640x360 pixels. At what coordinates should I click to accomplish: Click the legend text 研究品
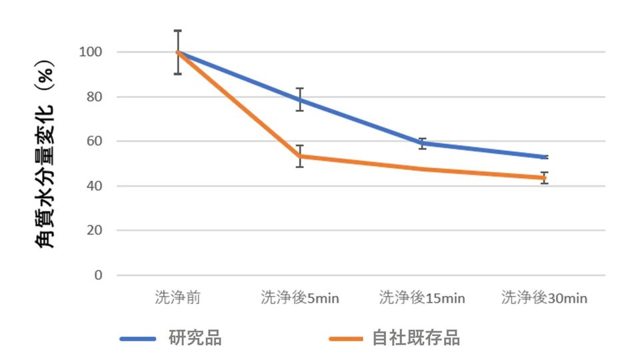pyautogui.click(x=195, y=338)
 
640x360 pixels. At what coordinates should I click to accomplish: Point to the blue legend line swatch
pyautogui.click(x=138, y=339)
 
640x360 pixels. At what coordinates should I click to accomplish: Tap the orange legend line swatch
pyautogui.click(x=347, y=339)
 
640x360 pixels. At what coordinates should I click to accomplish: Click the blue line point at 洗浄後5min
pyautogui.click(x=300, y=100)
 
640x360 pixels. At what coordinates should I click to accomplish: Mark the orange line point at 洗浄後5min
pyautogui.click(x=300, y=156)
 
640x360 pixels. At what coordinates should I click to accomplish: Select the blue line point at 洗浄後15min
pyautogui.click(x=422, y=143)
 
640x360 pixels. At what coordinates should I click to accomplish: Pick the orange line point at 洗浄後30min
pyautogui.click(x=545, y=178)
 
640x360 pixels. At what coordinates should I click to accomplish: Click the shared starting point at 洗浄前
pyautogui.click(x=177, y=52)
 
